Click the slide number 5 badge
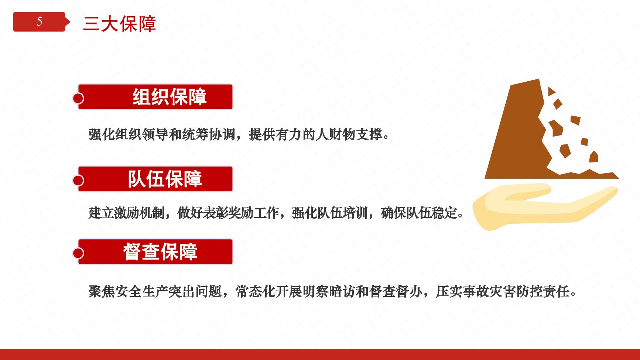(40, 22)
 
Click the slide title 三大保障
(119, 23)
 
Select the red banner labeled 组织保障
(155, 97)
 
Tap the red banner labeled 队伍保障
(155, 179)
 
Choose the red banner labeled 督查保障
(155, 252)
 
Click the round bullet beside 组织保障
(78, 98)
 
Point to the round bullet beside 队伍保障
(78, 181)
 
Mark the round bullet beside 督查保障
(78, 253)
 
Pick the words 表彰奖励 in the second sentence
(232, 213)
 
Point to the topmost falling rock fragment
(551, 91)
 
